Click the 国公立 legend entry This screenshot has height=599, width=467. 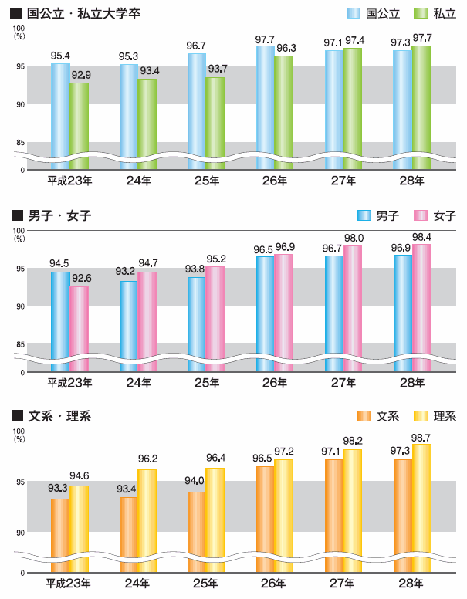(x=376, y=13)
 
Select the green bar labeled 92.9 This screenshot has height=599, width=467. (x=79, y=124)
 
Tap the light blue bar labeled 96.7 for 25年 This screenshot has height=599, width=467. (x=197, y=108)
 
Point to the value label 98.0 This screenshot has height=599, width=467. (x=354, y=239)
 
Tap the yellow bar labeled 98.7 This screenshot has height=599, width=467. (x=421, y=506)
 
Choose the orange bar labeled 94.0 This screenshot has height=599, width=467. (x=197, y=533)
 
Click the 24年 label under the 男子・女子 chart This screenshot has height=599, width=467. (x=138, y=383)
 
